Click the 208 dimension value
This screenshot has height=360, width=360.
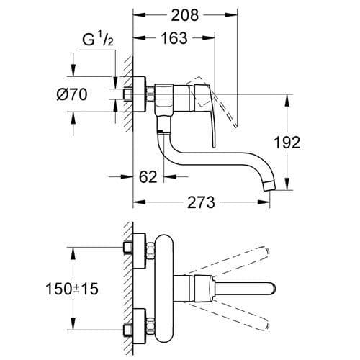pyautogui.click(x=189, y=14)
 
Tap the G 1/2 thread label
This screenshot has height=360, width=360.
pyautogui.click(x=96, y=39)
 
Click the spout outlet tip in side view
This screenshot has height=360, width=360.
pyautogui.click(x=270, y=187)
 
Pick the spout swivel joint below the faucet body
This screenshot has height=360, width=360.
pyautogui.click(x=163, y=129)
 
